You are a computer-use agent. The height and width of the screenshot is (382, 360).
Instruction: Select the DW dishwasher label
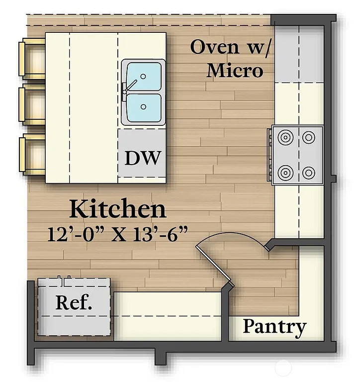[x=143, y=158]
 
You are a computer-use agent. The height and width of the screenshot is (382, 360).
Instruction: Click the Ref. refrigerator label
[x=74, y=303]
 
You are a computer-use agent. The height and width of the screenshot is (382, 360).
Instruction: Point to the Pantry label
[x=274, y=327]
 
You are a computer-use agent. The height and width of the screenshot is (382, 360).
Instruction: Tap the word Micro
[x=235, y=70]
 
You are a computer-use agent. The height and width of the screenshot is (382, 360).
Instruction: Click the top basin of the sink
[x=144, y=77]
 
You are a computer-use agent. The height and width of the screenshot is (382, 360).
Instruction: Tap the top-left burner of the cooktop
[x=285, y=137]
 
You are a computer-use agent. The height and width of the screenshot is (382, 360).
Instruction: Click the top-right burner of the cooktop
[x=309, y=137]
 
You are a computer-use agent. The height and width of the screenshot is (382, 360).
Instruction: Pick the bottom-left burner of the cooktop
[x=285, y=173]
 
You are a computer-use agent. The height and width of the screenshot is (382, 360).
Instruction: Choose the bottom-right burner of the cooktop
[x=309, y=173]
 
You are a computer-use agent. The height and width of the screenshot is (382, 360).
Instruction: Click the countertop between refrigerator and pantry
[x=167, y=315]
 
